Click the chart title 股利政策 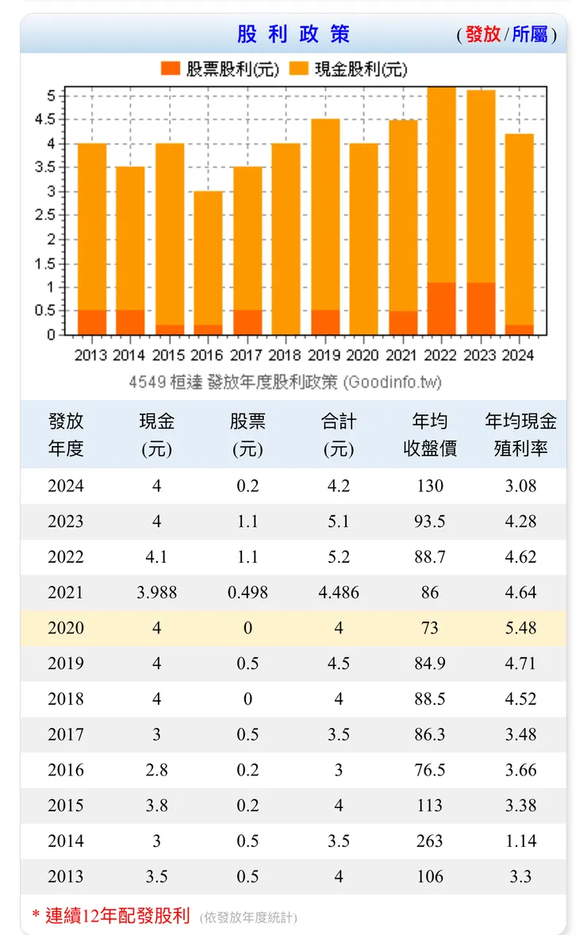[x=293, y=34]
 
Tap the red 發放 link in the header [x=483, y=35]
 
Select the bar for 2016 [x=208, y=262]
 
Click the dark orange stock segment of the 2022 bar [x=441, y=308]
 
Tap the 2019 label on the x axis [x=324, y=355]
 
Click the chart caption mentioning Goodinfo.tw [x=285, y=382]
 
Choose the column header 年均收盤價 [x=429, y=435]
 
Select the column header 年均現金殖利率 [x=520, y=435]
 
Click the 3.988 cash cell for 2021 [x=156, y=592]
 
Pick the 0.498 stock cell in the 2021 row [x=247, y=592]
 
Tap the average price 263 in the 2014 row [x=429, y=841]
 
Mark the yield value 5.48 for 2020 [x=520, y=628]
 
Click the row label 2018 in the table [x=65, y=698]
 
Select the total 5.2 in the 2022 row [x=339, y=556]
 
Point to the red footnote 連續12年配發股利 [x=117, y=916]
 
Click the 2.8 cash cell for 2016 [x=156, y=770]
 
